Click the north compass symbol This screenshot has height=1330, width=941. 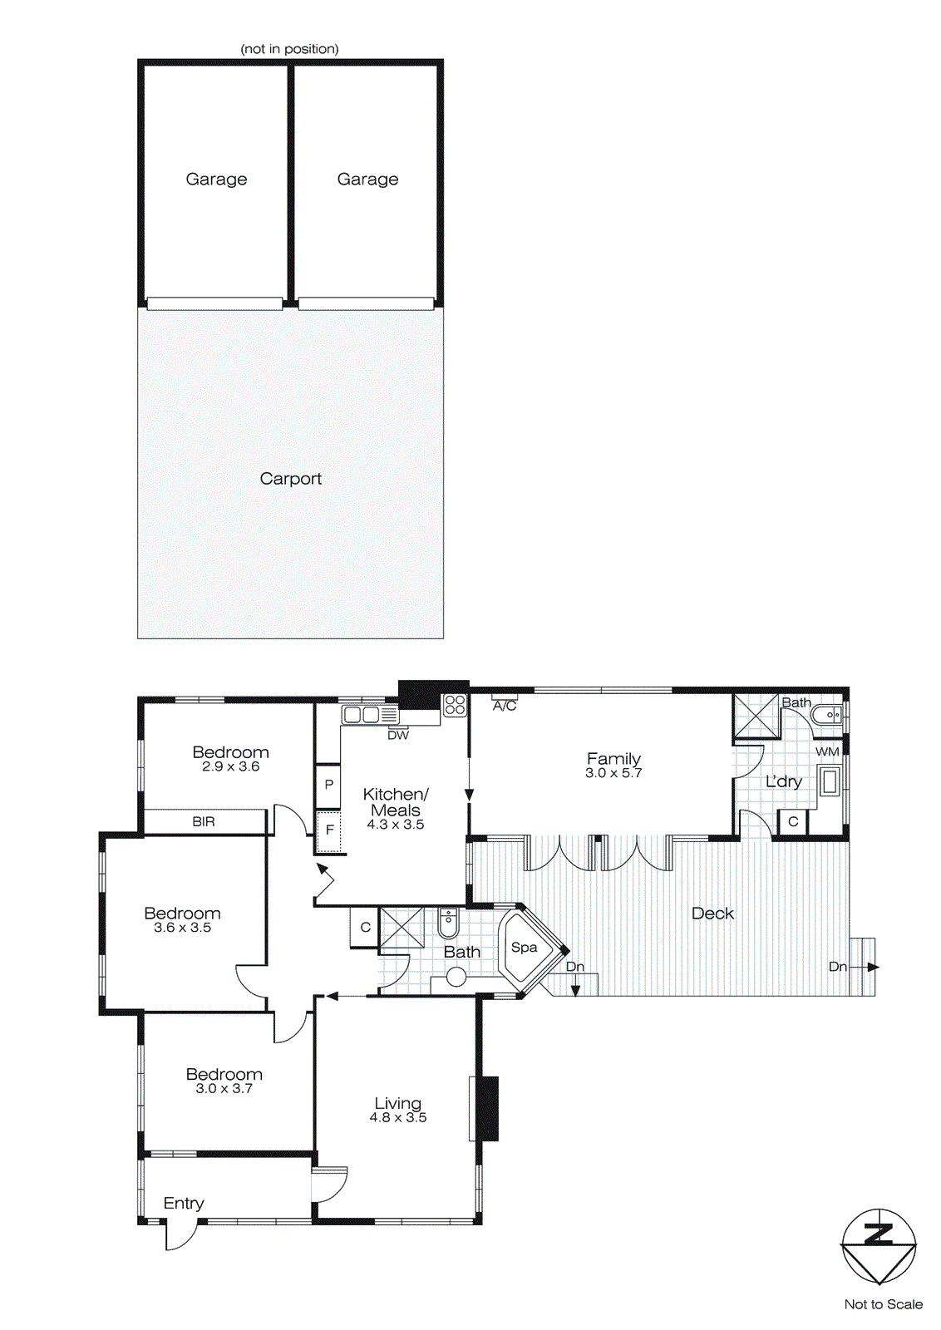click(x=879, y=1245)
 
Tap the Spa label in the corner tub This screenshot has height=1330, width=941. click(x=524, y=948)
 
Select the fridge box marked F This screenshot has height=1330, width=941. click(x=329, y=830)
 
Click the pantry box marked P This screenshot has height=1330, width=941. click(x=329, y=785)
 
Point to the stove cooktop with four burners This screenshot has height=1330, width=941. click(x=455, y=706)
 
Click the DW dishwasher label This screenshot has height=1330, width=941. click(x=398, y=736)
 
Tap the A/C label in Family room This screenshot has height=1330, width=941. click(x=505, y=707)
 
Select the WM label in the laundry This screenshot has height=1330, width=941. click(x=827, y=752)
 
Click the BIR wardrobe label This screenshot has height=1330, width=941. click(x=204, y=822)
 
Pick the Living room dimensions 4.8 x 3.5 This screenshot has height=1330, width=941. click(x=398, y=1118)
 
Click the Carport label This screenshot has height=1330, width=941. click(x=290, y=479)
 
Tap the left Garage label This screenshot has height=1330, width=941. click(x=216, y=180)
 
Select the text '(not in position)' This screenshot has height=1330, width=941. click(x=289, y=49)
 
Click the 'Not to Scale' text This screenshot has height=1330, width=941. click(x=883, y=1304)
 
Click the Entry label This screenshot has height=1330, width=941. click(x=184, y=1204)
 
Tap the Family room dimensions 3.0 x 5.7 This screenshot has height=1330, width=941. click(x=613, y=773)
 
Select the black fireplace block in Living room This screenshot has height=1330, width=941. click(x=486, y=1108)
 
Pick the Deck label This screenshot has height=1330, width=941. click(x=712, y=914)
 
